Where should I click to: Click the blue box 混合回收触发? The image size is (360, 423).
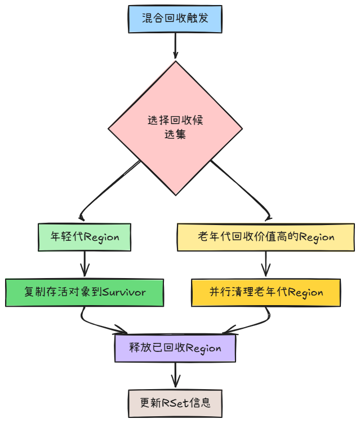(x=175, y=19)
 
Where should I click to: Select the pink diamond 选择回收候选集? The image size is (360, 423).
(x=175, y=128)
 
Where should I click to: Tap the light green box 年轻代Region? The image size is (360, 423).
(x=85, y=237)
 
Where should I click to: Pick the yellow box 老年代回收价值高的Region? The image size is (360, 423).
(x=266, y=237)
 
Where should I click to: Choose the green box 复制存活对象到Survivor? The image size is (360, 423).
(x=85, y=292)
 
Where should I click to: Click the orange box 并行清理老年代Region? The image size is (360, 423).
(x=266, y=292)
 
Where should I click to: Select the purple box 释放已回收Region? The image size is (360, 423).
(x=175, y=348)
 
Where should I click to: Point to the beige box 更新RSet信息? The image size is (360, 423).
(x=175, y=403)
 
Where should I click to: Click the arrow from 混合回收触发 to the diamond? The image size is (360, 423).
(x=175, y=45)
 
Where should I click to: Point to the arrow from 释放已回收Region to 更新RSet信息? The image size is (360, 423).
(x=175, y=376)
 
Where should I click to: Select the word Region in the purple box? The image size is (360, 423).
(x=203, y=348)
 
